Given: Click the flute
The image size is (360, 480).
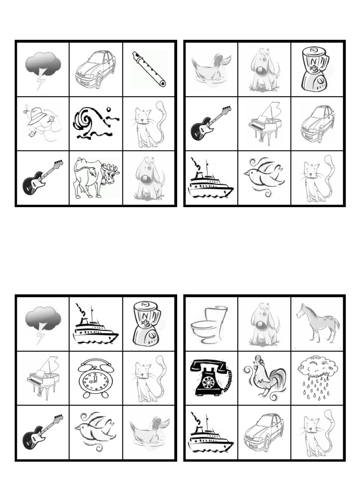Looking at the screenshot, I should coord(149,69).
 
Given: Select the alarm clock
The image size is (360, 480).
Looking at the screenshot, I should coord(96,378).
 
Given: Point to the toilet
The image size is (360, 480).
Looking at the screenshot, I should coord(209,324).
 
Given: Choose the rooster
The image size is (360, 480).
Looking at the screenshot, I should coord(264,377).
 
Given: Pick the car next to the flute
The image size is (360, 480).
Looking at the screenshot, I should coord(96,69).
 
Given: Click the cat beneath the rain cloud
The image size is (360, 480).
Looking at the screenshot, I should coord(318,432).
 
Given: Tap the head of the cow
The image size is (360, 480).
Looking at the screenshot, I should coord(111,175).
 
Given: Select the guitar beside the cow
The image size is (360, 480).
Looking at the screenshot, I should coord(42,178).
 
